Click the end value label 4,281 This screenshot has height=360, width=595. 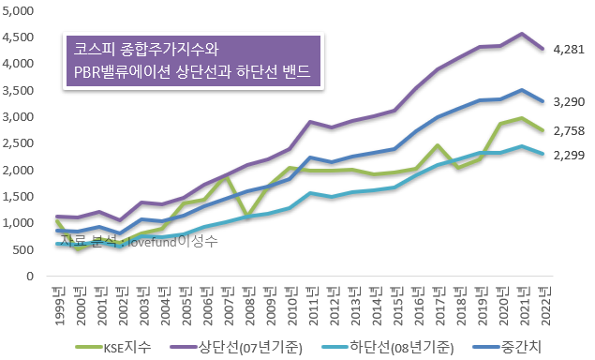pos(569,49)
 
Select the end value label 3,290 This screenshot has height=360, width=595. pos(569,101)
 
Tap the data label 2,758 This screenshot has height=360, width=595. pos(569,130)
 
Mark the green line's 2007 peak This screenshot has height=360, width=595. pos(228,176)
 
